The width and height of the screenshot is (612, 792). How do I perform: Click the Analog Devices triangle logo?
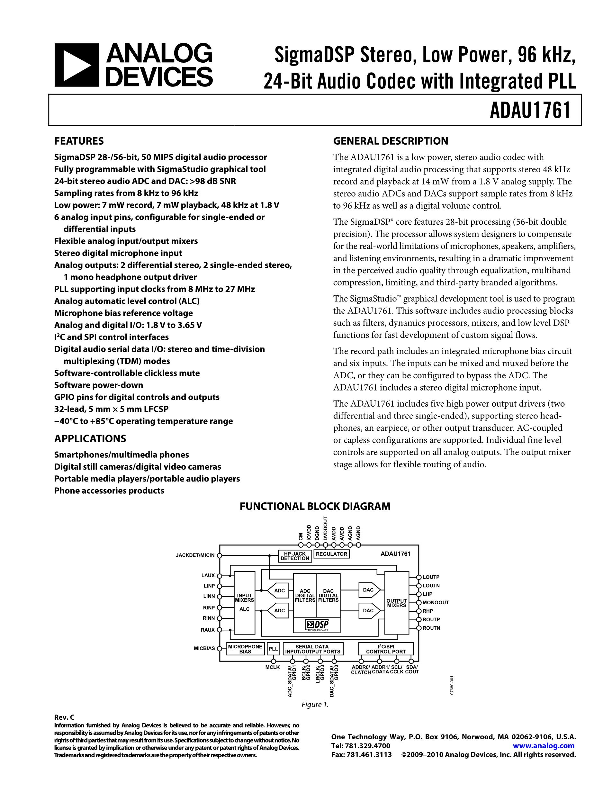[x=76, y=65]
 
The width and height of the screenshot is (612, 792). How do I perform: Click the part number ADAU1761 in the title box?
[x=530, y=110]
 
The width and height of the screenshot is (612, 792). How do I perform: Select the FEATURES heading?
[x=79, y=141]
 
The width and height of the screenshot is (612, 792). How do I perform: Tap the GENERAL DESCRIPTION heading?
[x=391, y=141]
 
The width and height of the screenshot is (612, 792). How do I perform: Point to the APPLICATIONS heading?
[x=90, y=439]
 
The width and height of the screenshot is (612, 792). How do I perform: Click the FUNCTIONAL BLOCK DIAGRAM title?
[x=315, y=506]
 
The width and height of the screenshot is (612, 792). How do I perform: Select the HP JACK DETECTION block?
[x=294, y=556]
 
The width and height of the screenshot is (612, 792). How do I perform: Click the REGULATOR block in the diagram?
[x=331, y=554]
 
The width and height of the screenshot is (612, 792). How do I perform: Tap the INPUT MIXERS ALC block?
[x=244, y=602]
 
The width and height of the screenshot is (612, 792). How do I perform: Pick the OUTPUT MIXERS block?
[x=396, y=603]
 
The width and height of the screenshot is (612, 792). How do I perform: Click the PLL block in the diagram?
[x=273, y=649]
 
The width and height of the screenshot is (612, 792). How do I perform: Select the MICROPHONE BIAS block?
[x=245, y=649]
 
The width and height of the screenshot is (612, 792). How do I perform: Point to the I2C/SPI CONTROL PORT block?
[x=386, y=649]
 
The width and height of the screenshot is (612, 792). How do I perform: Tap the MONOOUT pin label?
[x=436, y=602]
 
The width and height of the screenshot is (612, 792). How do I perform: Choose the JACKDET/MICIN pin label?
[x=195, y=555]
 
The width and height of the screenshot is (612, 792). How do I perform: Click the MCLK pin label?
[x=273, y=667]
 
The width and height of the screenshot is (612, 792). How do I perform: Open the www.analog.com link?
[x=544, y=746]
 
